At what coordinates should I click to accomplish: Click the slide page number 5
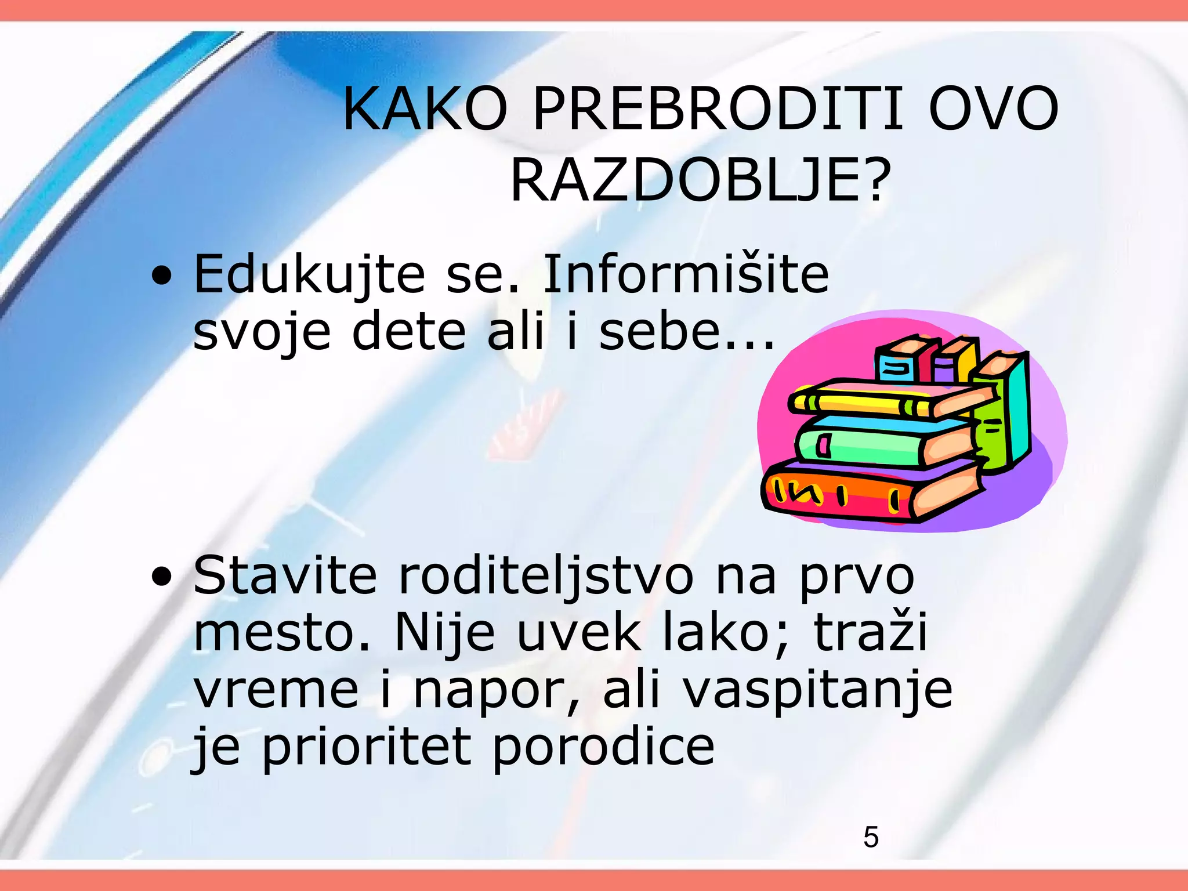871,837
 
